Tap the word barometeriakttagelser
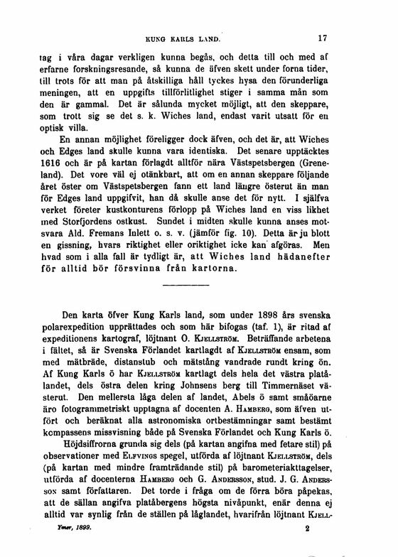[281, 484]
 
